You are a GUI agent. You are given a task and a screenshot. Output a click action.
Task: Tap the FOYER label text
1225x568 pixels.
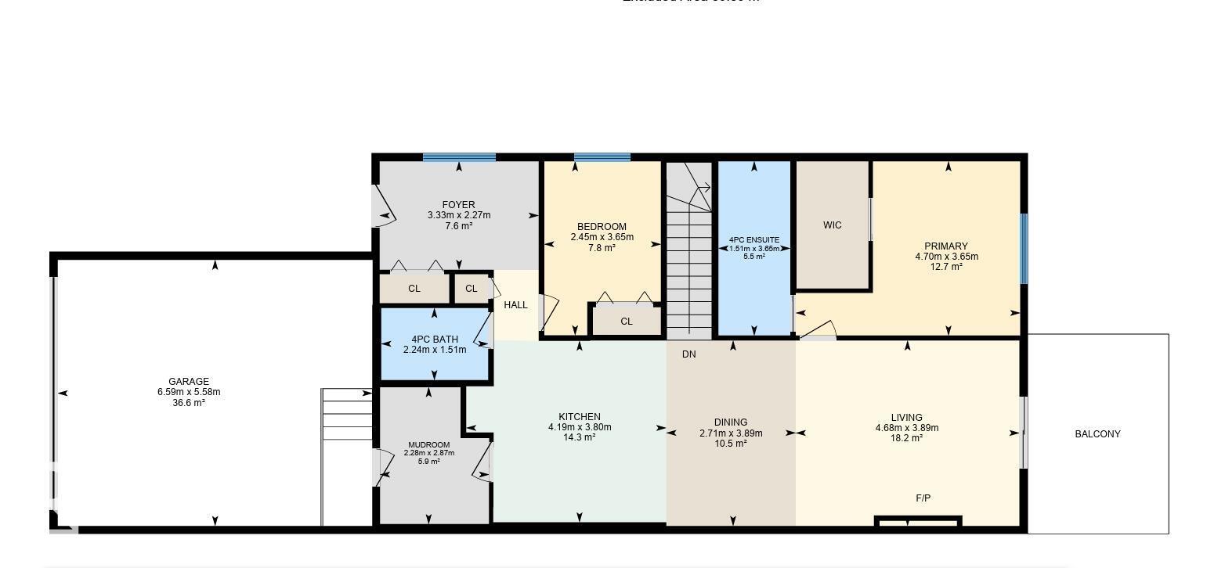(458, 205)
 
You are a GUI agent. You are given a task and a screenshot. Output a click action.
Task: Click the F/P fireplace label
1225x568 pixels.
(923, 498)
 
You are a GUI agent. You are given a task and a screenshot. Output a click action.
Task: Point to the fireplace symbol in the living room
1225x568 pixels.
(918, 522)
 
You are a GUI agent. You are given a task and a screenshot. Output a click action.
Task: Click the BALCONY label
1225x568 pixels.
(1097, 434)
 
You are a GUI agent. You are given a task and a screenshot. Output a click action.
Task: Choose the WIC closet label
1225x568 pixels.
(832, 225)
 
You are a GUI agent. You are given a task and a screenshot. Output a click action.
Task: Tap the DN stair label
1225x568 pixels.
(688, 354)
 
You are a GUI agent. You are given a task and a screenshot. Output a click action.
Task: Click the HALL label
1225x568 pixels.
(515, 305)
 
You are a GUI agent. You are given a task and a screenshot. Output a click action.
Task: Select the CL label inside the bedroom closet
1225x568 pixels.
(626, 322)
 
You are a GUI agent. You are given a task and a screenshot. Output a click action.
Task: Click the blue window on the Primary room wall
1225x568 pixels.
(1023, 249)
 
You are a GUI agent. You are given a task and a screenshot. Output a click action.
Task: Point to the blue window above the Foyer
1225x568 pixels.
(459, 157)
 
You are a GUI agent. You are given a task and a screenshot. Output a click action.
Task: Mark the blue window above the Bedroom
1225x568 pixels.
(602, 157)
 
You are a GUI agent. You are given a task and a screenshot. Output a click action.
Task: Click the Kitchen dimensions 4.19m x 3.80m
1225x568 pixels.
(580, 427)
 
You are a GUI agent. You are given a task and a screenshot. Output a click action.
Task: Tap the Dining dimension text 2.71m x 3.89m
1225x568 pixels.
(731, 433)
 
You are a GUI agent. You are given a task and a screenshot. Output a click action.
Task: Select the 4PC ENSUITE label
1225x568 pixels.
(753, 239)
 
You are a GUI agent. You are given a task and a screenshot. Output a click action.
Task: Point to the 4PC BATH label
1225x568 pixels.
(435, 340)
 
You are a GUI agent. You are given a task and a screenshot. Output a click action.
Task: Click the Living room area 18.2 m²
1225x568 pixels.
(906, 438)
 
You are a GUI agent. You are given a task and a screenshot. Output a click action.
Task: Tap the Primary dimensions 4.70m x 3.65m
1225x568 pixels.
(946, 257)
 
